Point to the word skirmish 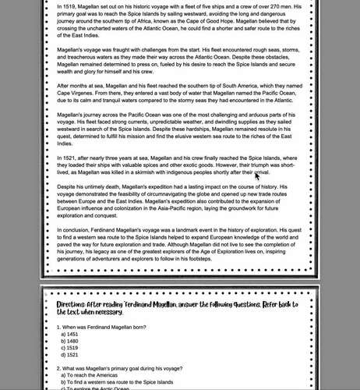point(181,173)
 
